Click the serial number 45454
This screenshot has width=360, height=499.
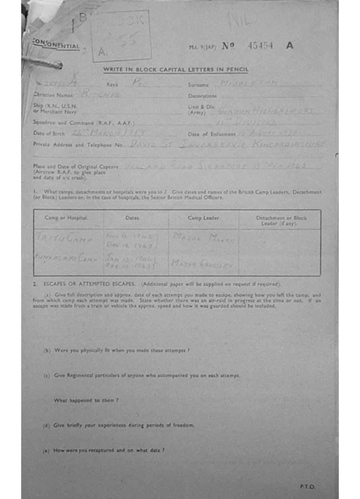pos(260,46)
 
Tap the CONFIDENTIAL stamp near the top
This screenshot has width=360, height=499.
pos(56,45)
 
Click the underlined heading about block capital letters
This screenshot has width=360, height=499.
pos(175,70)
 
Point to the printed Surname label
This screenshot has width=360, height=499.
pos(198,85)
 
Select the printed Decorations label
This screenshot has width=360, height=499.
pos(202,96)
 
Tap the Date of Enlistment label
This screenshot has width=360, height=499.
pos(211,134)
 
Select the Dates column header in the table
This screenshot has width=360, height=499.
pos(133,218)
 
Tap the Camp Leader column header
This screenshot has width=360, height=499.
pos(203,218)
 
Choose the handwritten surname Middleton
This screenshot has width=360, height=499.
pos(249,84)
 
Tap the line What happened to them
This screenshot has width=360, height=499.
pos(86,400)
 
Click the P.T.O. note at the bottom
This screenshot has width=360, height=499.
pos(307,486)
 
